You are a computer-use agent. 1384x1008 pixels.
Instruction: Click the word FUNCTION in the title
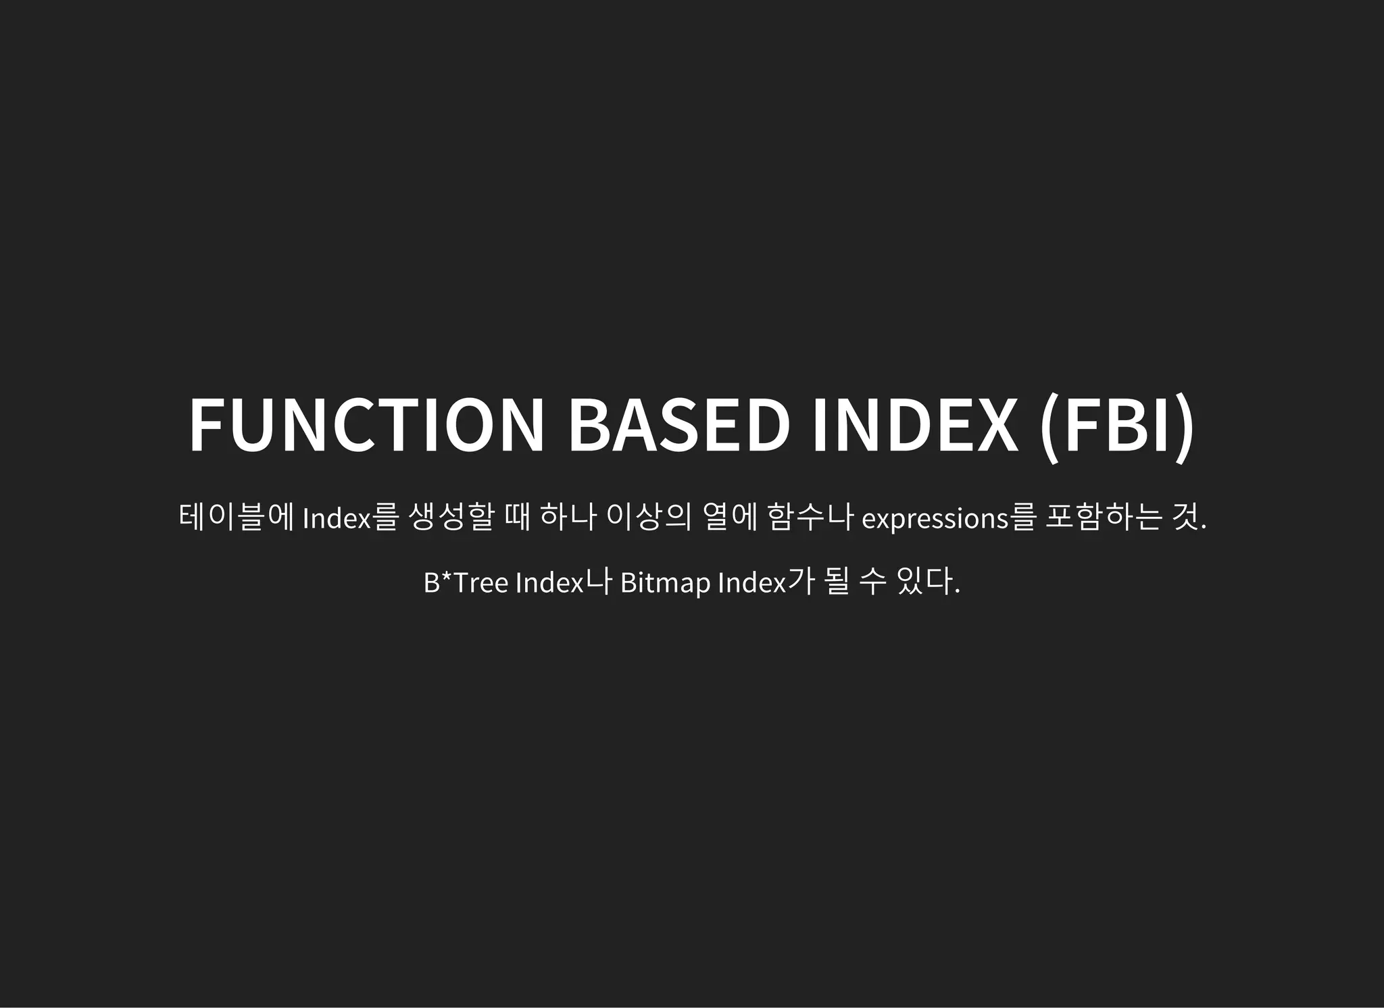click(366, 425)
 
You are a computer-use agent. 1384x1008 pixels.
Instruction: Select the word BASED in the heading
click(678, 425)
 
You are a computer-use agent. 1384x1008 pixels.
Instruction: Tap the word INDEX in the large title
click(914, 425)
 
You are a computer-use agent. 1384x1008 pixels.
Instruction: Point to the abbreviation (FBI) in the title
click(1117, 425)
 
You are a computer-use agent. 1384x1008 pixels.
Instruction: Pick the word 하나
click(568, 518)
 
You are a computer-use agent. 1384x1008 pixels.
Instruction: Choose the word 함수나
click(810, 518)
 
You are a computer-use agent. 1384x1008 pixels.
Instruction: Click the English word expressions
click(935, 519)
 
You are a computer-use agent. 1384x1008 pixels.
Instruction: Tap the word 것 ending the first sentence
click(1187, 518)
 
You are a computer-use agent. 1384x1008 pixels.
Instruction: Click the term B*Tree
click(466, 582)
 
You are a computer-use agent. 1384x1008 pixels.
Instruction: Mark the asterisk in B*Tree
click(446, 578)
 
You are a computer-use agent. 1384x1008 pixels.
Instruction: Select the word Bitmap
click(665, 582)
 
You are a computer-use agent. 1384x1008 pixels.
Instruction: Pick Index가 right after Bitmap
click(763, 582)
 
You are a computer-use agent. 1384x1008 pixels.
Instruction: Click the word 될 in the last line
click(837, 582)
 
